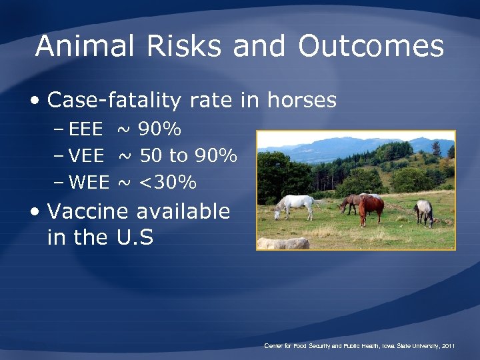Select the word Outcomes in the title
pos(371,47)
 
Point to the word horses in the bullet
pos(301,101)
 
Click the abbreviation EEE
pos(86,129)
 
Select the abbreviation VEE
pos(87,156)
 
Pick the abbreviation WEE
pos(89,181)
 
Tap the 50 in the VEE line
pos(151,156)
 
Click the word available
pos(183,212)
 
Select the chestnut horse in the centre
pos(371,208)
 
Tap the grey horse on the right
pos(423,211)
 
